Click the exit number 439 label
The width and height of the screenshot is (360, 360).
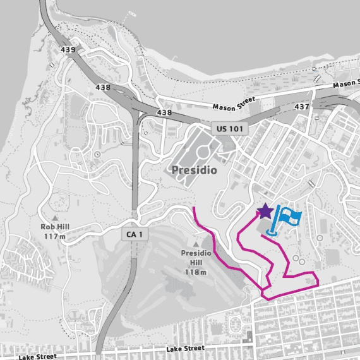(68, 49)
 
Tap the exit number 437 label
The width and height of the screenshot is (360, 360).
(302, 107)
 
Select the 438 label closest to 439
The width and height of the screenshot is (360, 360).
(105, 87)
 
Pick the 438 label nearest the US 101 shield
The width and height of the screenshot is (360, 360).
(164, 112)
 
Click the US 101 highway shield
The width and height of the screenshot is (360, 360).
(229, 128)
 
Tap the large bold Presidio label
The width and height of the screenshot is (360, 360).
(195, 171)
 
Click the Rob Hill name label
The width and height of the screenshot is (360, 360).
(53, 227)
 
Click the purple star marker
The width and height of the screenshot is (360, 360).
(265, 210)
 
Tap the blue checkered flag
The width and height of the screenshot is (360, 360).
(291, 216)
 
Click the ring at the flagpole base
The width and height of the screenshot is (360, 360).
(273, 232)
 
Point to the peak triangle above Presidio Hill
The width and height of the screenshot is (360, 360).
(196, 243)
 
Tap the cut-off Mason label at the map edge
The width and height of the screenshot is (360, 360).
(345, 83)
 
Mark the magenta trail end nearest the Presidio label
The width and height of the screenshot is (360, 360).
(194, 207)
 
